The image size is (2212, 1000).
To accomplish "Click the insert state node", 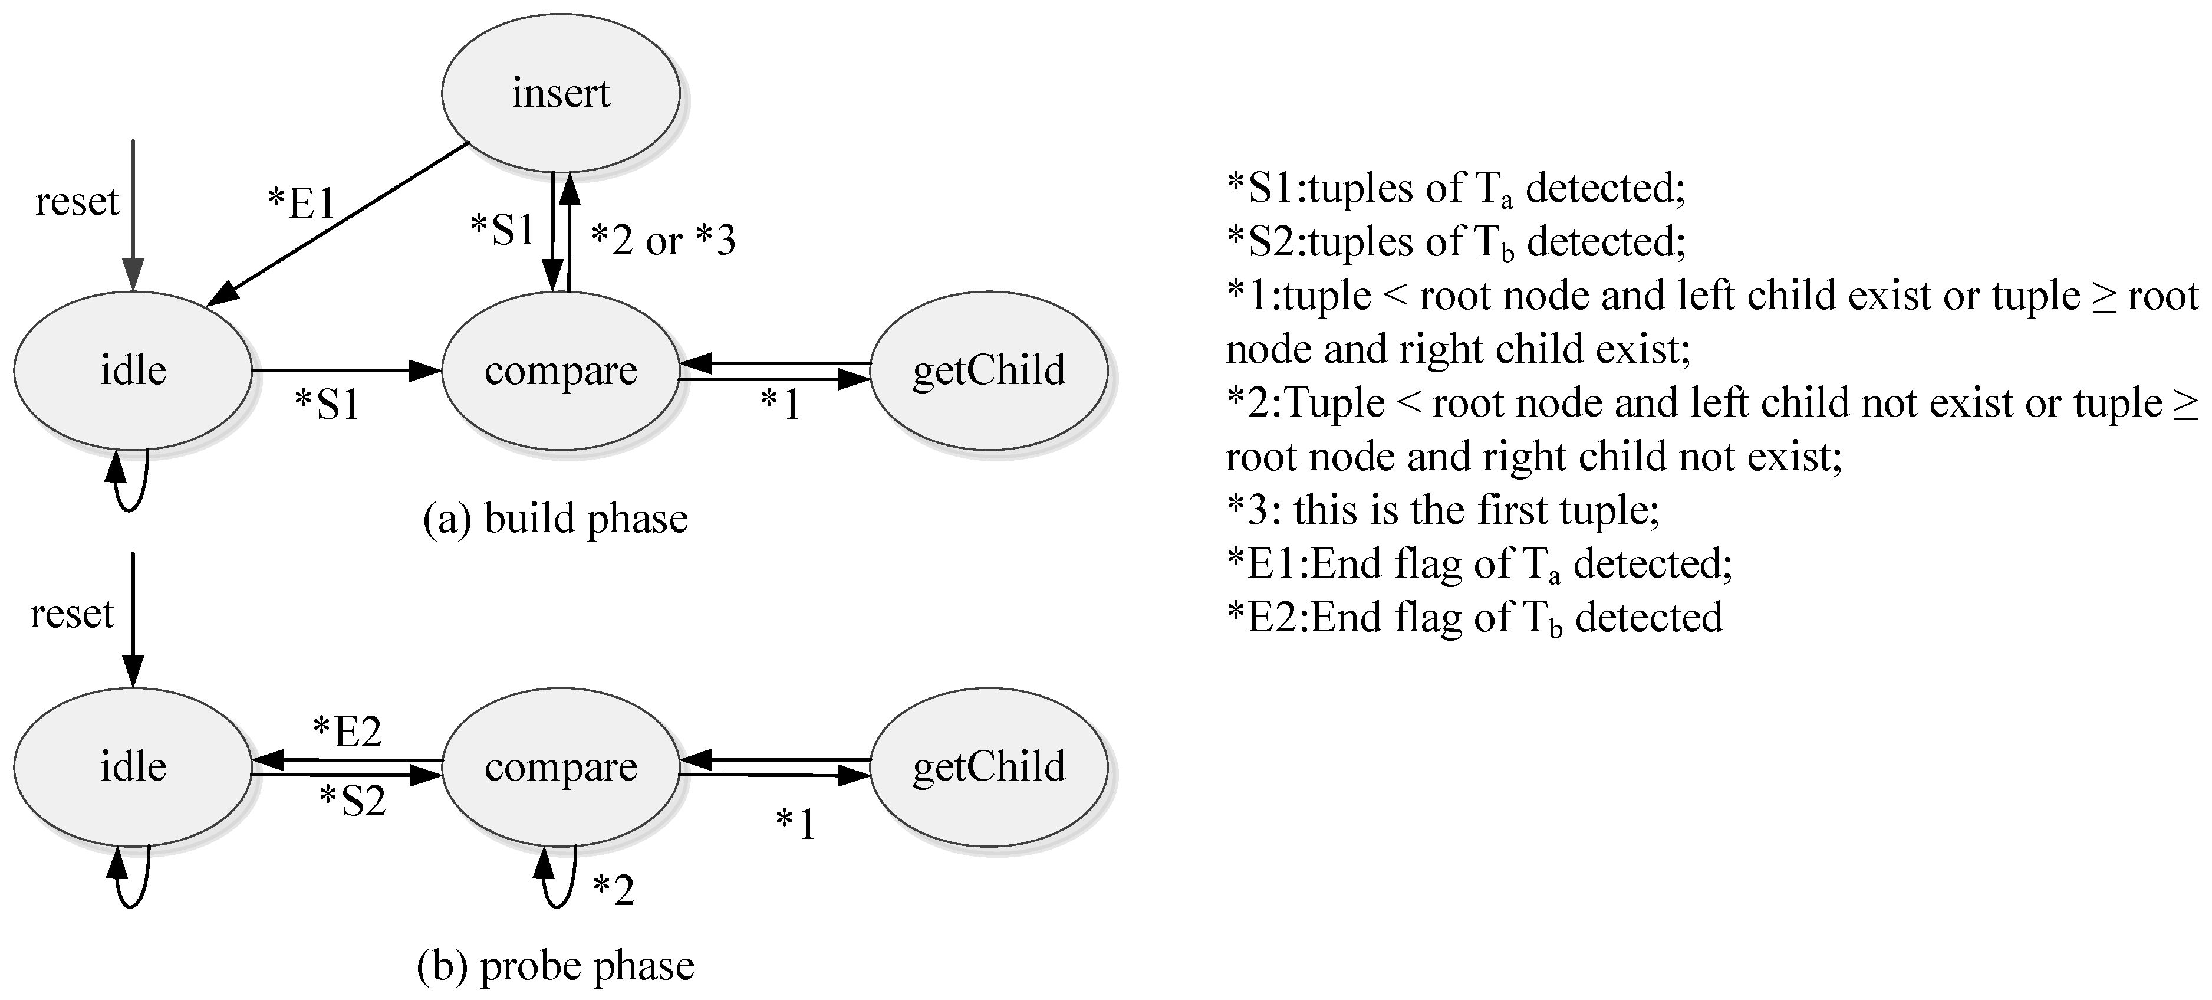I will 560,93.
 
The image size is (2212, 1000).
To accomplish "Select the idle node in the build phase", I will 133,371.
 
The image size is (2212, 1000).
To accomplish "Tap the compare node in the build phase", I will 560,371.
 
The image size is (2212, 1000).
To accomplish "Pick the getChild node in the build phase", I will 988,371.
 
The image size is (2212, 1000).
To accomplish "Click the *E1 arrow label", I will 301,203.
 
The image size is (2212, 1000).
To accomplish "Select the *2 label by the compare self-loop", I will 614,890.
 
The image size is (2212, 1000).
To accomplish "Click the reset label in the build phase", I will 77,202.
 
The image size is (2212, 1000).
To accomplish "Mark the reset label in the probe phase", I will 72,614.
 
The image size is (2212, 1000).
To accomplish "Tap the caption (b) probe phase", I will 555,966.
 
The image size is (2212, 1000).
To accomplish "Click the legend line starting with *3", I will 1443,510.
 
